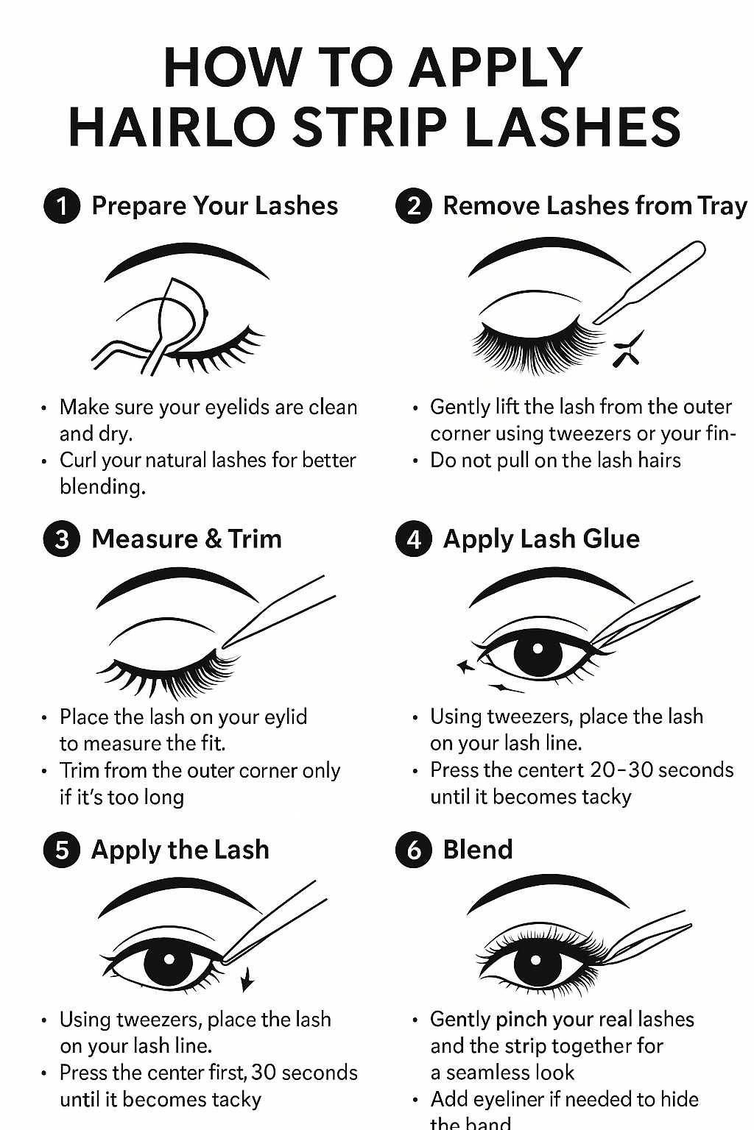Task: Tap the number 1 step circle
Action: tap(62, 206)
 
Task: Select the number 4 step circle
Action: tap(414, 539)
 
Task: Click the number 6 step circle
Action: tap(414, 850)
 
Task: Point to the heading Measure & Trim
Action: tap(186, 539)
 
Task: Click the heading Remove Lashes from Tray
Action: tap(594, 206)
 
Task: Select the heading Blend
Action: tap(477, 850)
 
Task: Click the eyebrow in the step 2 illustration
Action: tap(549, 254)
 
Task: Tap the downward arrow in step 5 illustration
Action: tap(247, 980)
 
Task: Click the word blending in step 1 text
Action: tap(102, 487)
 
